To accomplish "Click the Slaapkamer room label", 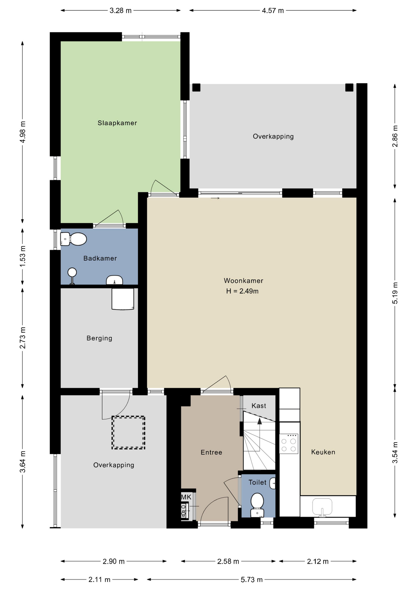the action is click(117, 123).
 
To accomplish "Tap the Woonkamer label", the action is click(244, 281).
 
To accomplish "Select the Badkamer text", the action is click(100, 258).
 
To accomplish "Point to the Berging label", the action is click(99, 338).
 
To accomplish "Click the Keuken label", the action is click(323, 452).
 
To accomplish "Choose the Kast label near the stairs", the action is click(259, 406).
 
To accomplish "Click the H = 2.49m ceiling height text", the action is click(242, 291).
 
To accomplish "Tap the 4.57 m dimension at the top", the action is click(273, 11).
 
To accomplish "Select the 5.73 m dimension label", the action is click(252, 580).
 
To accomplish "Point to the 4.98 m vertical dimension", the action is click(22, 132).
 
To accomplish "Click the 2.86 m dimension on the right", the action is click(395, 136).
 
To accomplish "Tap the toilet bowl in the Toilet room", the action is click(257, 505).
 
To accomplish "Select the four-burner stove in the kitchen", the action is click(289, 443).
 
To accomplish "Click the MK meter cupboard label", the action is click(186, 497).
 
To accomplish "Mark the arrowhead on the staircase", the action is click(259, 421).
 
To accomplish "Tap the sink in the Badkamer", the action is click(115, 280).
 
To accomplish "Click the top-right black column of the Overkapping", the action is click(349, 88).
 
